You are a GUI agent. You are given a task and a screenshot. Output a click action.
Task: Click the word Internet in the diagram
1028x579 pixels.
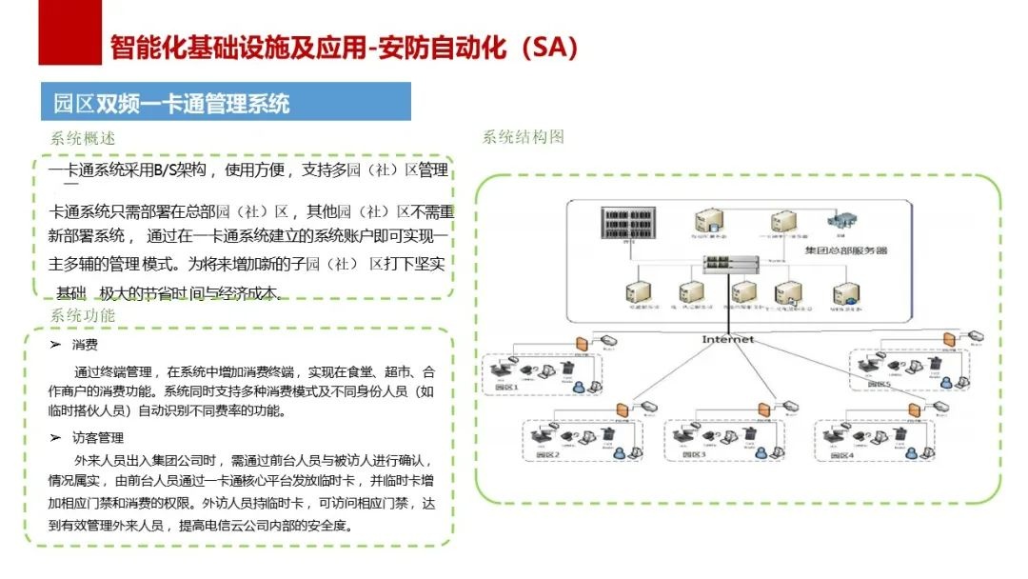pos(727,339)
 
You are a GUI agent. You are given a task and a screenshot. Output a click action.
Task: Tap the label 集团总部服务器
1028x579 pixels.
pos(845,250)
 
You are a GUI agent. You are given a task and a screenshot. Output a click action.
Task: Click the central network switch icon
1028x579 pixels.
pos(731,264)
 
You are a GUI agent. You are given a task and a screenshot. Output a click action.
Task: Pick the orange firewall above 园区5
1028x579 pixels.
pos(947,340)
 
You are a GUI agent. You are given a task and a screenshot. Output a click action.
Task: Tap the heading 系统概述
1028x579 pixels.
pos(83,138)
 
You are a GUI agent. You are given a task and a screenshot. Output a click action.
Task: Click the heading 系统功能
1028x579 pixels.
pos(83,314)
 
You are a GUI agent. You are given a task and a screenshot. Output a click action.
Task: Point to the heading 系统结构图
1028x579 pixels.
pos(523,136)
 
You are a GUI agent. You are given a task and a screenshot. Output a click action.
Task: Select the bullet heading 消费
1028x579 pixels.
pos(85,344)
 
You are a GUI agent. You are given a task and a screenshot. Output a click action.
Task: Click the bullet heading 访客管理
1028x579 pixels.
pos(97,437)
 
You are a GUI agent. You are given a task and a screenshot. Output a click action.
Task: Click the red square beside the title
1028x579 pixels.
pos(69,32)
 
